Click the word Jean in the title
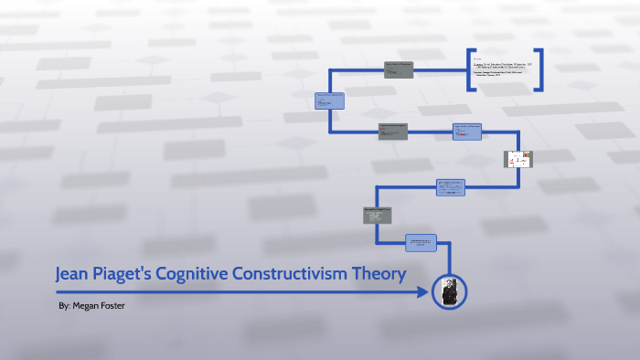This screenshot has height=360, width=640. (x=75, y=273)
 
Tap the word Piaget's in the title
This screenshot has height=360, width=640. (x=132, y=273)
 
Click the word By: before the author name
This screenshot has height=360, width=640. (x=63, y=305)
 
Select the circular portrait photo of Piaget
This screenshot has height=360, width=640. (x=450, y=291)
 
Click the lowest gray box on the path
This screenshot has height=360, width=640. (x=378, y=215)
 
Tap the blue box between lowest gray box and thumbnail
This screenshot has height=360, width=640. (x=450, y=187)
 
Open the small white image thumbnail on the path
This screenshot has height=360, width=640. (x=518, y=159)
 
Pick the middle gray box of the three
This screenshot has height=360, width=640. (x=393, y=130)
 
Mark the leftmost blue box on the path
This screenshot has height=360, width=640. (x=330, y=101)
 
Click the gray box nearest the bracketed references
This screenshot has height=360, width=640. (x=398, y=69)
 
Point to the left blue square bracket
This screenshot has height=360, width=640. (x=469, y=70)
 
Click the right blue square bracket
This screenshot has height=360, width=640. (x=540, y=70)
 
